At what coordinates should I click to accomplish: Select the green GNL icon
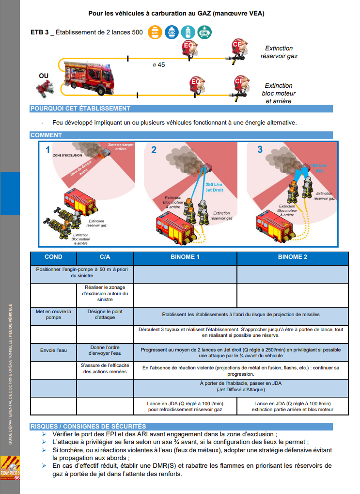(x=204, y=32)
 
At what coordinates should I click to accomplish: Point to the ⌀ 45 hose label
(x=158, y=64)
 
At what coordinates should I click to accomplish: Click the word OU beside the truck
(x=44, y=76)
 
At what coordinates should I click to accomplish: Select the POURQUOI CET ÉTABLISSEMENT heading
(x=80, y=109)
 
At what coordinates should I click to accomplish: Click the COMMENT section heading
(x=46, y=135)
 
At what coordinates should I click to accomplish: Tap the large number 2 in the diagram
(x=154, y=150)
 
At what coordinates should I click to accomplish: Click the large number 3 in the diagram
(x=260, y=149)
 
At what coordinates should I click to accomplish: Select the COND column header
(x=53, y=257)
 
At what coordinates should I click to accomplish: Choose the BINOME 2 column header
(x=292, y=257)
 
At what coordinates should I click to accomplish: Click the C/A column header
(x=105, y=257)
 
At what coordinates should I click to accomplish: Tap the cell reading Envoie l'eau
(x=53, y=350)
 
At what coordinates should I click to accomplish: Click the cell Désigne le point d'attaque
(x=105, y=314)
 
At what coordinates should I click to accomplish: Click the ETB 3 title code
(x=39, y=32)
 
